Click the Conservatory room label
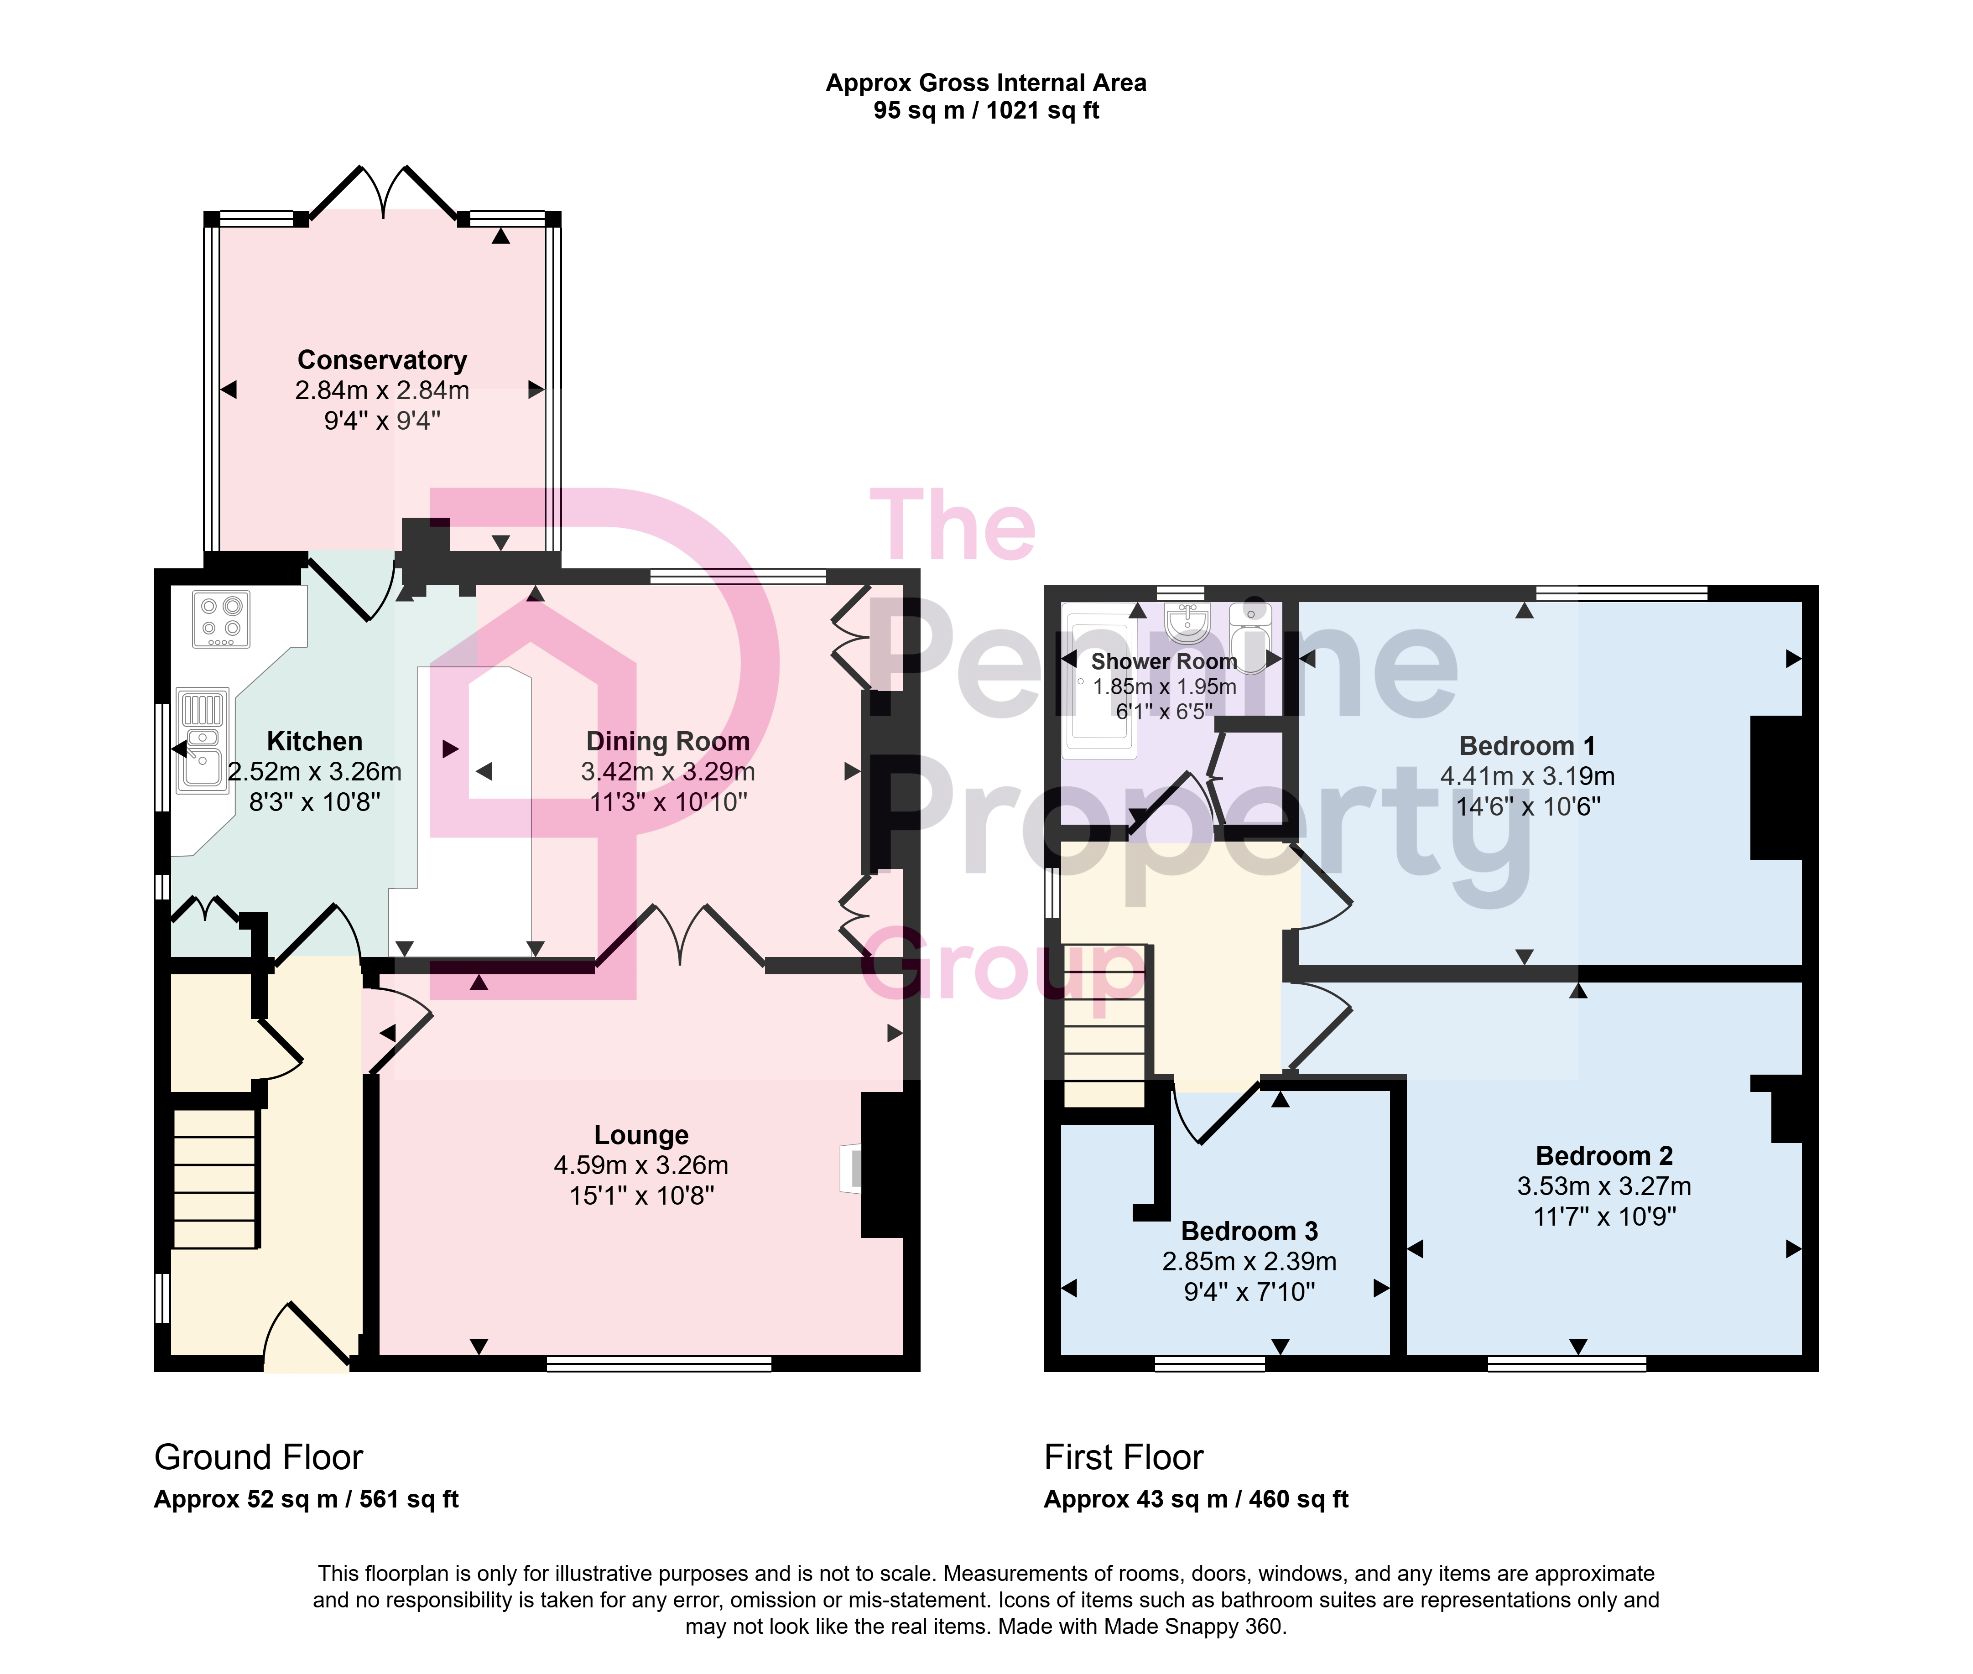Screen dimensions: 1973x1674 pos(382,361)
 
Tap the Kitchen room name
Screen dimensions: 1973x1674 pos(314,741)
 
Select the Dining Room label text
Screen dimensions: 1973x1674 pos(668,741)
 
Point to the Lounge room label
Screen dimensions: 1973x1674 pos(641,1135)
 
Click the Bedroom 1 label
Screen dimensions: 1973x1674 pos(1527,746)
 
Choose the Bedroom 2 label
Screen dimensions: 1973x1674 pos(1604,1156)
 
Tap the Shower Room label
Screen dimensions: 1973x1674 pos(1165,661)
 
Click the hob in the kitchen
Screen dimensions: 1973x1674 pos(221,619)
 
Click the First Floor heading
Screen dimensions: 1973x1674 pos(1124,1457)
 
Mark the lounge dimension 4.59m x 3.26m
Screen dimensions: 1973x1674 pos(641,1165)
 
